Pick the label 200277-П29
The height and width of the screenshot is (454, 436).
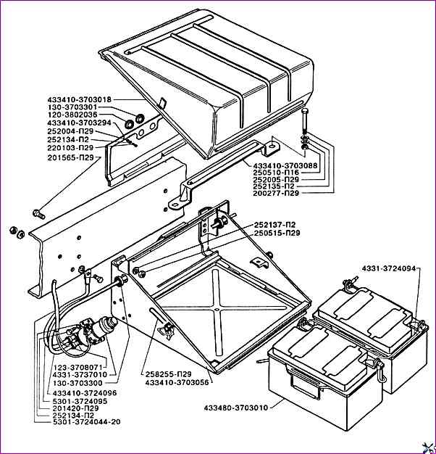tap(282, 193)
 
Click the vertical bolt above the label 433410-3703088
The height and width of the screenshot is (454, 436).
tap(306, 119)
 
